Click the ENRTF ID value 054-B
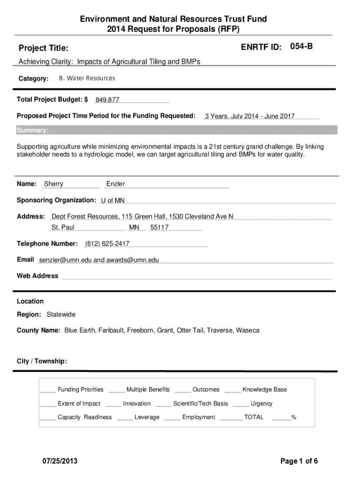pyautogui.click(x=301, y=46)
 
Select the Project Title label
pyautogui.click(x=43, y=48)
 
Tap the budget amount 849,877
pyautogui.click(x=107, y=100)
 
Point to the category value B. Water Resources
pyautogui.click(x=86, y=78)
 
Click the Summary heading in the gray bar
pyautogui.click(x=32, y=130)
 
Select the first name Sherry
pyautogui.click(x=53, y=184)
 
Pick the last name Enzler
pyautogui.click(x=115, y=184)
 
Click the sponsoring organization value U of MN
pyautogui.click(x=113, y=201)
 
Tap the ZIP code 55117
pyautogui.click(x=159, y=227)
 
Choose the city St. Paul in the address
pyautogui.click(x=63, y=227)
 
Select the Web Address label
pyautogui.click(x=37, y=276)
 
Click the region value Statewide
pyautogui.click(x=61, y=314)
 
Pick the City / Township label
pyautogui.click(x=42, y=361)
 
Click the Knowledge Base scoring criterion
pyautogui.click(x=265, y=390)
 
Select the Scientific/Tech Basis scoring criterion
pyautogui.click(x=201, y=404)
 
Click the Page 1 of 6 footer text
pyautogui.click(x=299, y=461)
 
